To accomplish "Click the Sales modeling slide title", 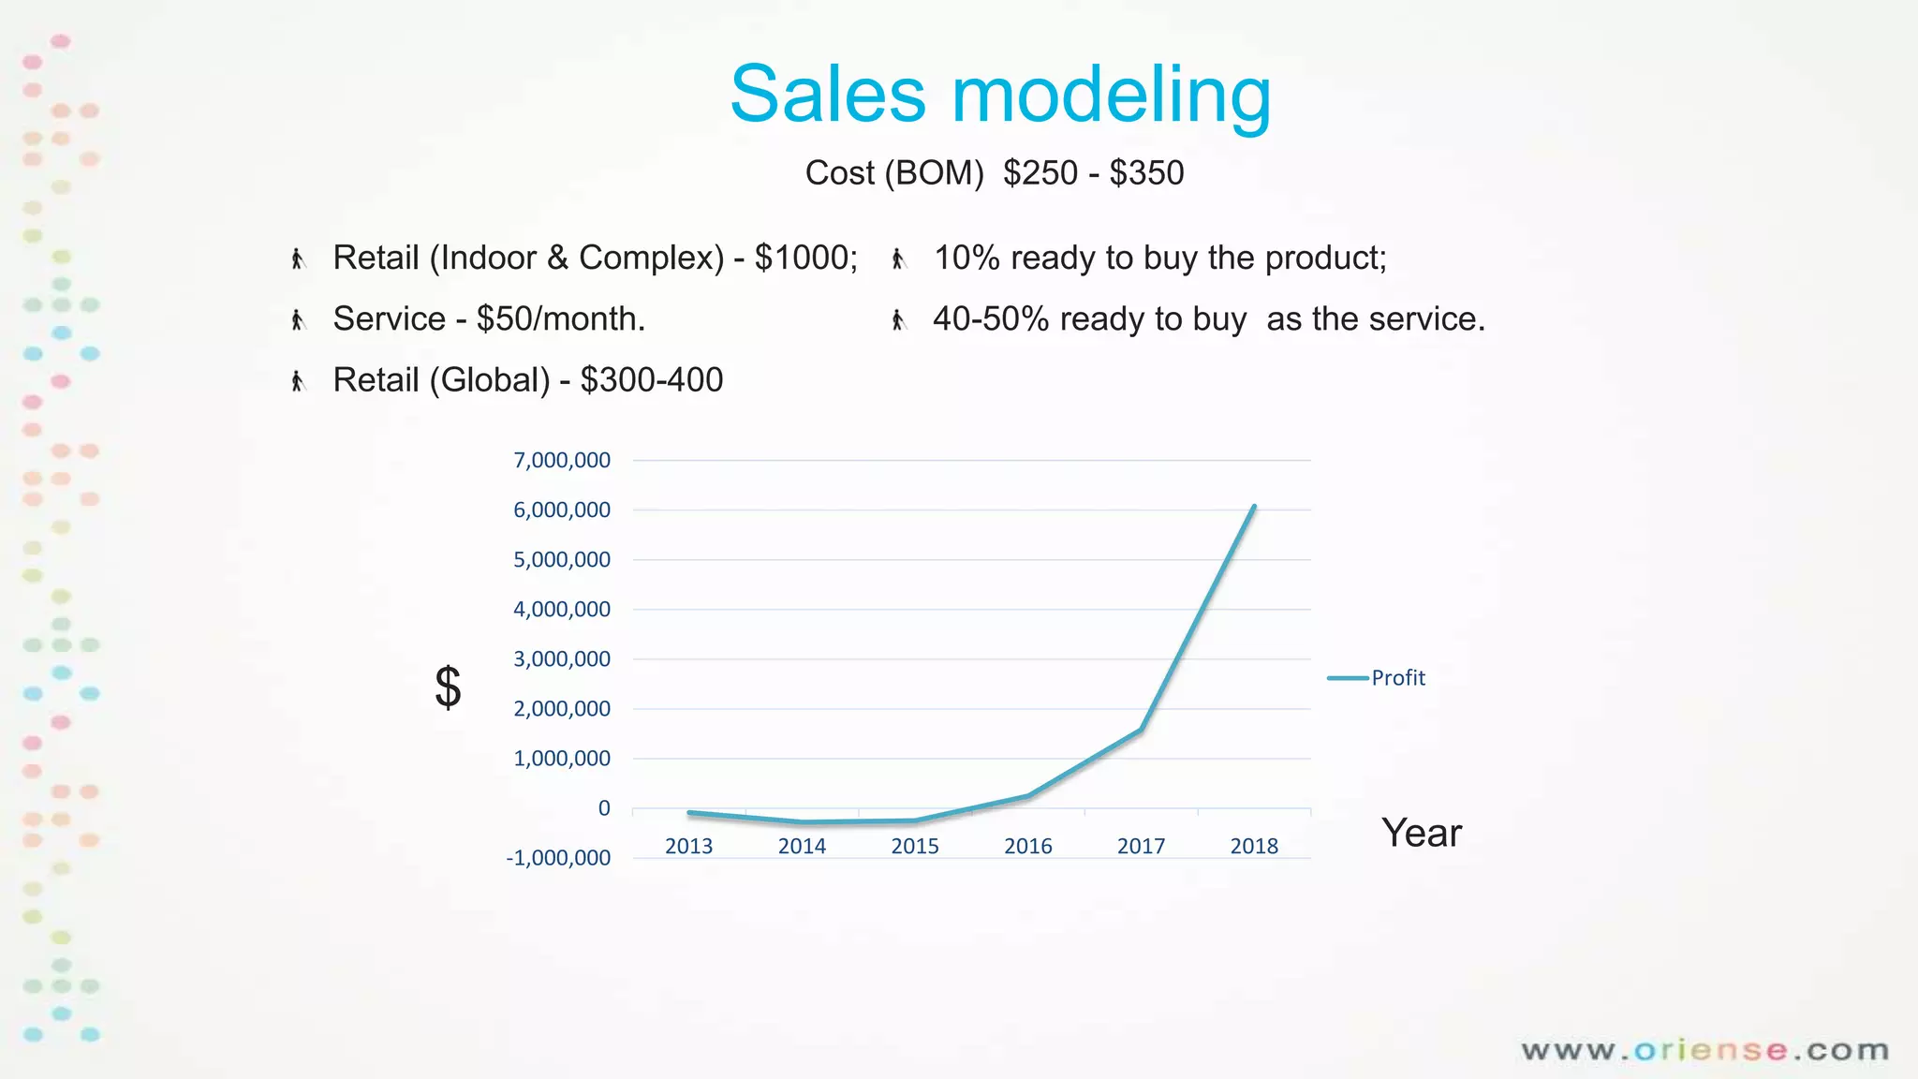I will pos(1000,95).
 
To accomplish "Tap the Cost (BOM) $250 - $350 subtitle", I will pos(995,173).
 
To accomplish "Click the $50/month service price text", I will pos(560,319).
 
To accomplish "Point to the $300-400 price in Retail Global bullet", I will pos(652,380).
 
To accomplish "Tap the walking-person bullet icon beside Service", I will pos(298,320).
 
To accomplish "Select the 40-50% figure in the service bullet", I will pos(990,319).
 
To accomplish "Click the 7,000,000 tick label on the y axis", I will pos(562,460).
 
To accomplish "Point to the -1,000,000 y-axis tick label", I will pos(558,858).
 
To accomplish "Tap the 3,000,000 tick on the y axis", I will pos(562,659).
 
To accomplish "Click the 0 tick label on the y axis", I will pos(604,808).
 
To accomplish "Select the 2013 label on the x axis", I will pos(688,847).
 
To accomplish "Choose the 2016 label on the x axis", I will pos(1028,847).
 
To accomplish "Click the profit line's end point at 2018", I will pos(1254,507).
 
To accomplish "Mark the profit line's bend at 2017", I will pos(1141,730).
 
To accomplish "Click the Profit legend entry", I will pos(1396,678).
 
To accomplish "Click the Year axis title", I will pos(1421,833).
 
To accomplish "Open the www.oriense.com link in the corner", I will pos(1704,1051).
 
